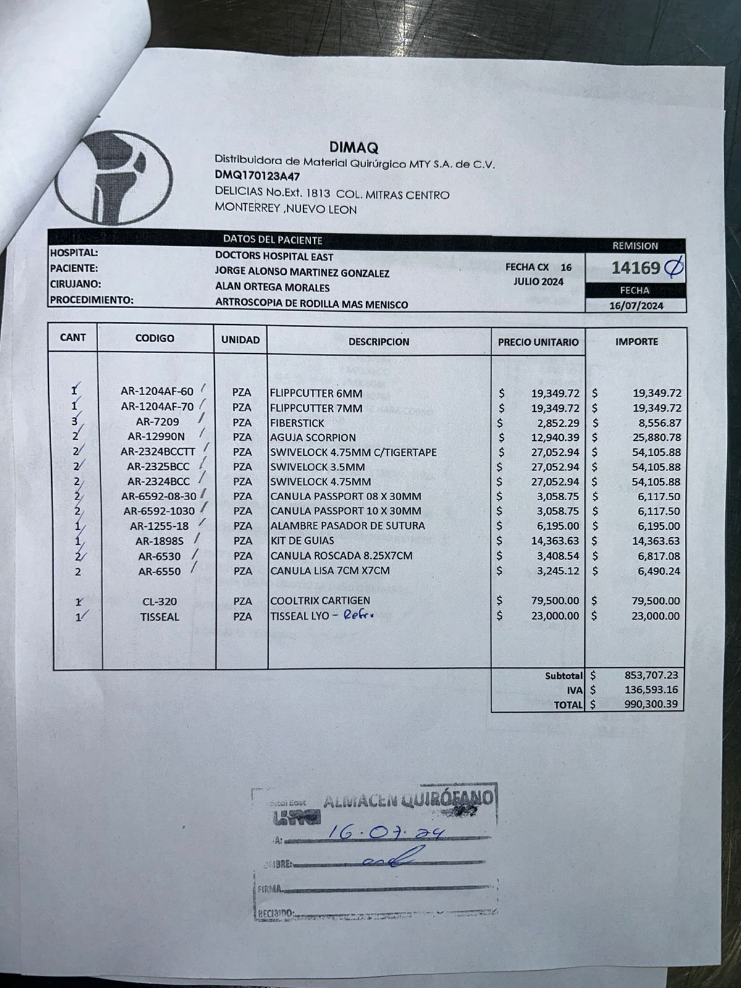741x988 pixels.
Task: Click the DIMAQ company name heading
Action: (x=354, y=147)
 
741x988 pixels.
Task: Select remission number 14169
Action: (x=636, y=268)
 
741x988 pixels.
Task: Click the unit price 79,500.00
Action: (x=555, y=601)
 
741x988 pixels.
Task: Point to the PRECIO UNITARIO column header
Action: (x=538, y=342)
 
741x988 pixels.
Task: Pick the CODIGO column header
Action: (x=155, y=338)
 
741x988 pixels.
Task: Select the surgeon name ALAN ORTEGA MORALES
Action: (x=272, y=288)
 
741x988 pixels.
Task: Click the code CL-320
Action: (x=160, y=601)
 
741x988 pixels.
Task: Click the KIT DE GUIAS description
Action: (x=303, y=541)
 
